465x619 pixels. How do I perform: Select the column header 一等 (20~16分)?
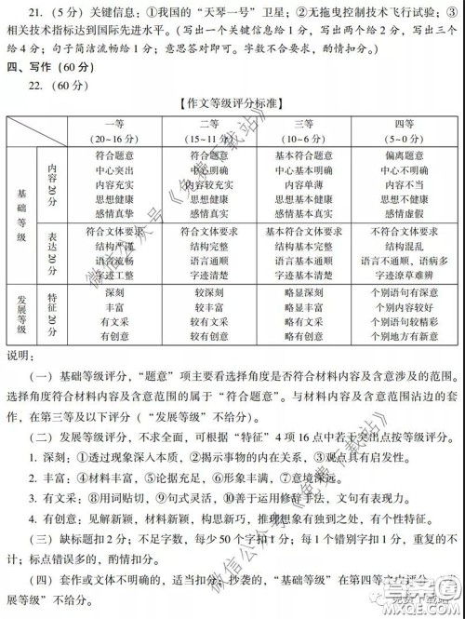click(114, 130)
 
